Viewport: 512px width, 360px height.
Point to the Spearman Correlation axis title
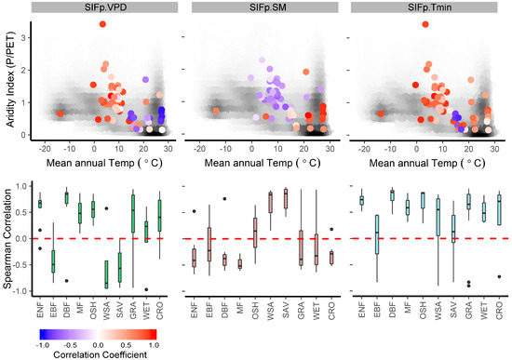[9, 237]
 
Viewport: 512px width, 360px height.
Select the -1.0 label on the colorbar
[42, 343]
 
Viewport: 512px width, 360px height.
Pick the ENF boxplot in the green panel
[39, 204]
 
